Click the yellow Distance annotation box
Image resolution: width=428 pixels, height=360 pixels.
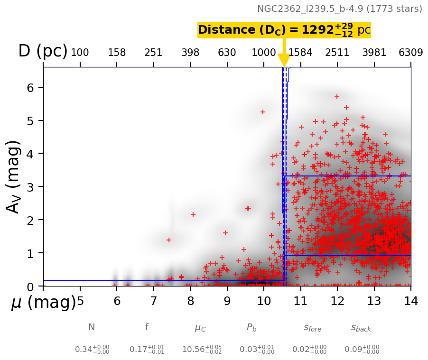tap(284, 30)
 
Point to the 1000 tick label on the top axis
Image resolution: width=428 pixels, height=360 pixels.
tap(264, 53)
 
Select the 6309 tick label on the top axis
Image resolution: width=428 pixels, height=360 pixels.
tap(411, 53)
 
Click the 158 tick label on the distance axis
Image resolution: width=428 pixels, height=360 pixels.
tap(117, 53)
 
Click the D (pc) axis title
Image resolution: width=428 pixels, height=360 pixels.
tap(43, 51)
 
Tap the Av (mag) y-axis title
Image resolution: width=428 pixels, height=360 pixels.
tap(14, 176)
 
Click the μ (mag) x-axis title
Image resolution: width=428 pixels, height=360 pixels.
tap(44, 302)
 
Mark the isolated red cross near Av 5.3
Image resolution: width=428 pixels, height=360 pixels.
tap(263, 112)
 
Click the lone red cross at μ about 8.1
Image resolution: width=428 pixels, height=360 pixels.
tap(193, 214)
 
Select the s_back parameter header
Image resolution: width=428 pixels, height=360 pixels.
tap(361, 328)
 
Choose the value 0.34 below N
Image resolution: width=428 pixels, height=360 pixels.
tap(92, 350)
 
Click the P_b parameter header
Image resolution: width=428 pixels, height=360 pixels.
tap(251, 328)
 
